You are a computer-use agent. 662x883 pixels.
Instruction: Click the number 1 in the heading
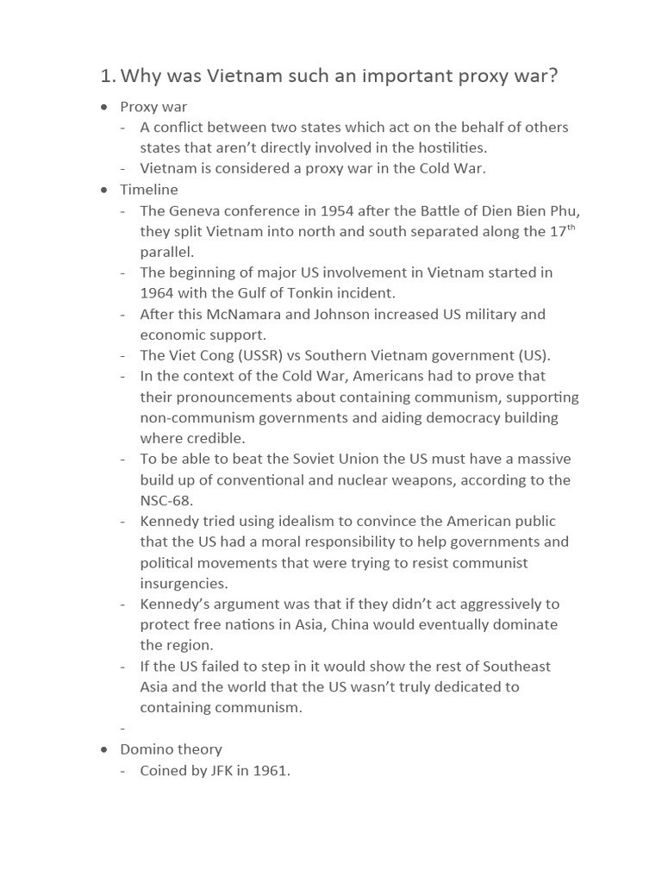105,76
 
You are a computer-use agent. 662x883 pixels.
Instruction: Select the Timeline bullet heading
148,190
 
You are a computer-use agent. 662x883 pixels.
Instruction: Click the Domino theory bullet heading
171,749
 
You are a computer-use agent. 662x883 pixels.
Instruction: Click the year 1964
157,293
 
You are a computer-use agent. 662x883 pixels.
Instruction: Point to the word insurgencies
184,584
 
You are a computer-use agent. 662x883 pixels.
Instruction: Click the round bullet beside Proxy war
104,107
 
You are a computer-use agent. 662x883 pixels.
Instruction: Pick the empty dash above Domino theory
123,729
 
